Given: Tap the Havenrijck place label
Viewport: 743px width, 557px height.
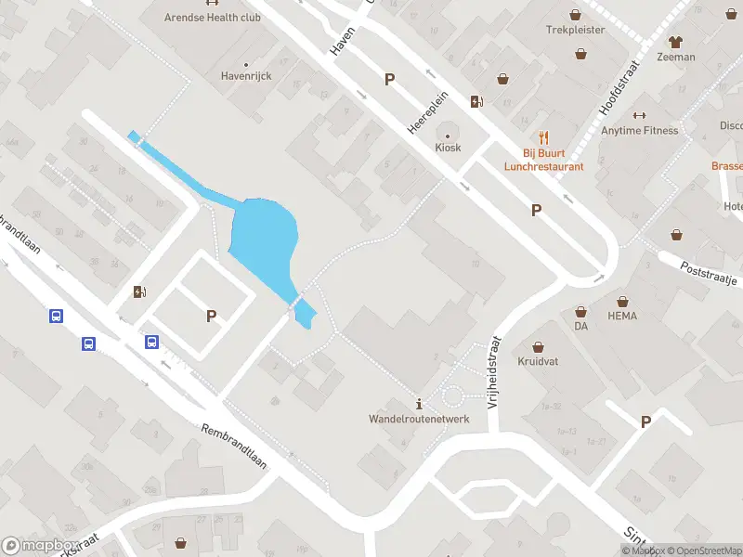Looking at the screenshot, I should click(246, 76).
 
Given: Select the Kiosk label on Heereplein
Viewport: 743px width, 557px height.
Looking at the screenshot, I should click(448, 147).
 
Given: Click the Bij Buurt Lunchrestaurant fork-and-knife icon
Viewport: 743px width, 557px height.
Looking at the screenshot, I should click(544, 137).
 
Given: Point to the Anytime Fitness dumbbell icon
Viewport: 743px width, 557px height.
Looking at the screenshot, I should click(638, 115).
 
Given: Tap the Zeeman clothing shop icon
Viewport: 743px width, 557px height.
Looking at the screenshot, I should click(675, 42).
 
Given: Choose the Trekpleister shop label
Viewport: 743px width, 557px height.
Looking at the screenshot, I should click(576, 30).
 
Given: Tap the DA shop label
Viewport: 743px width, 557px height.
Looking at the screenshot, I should click(581, 326).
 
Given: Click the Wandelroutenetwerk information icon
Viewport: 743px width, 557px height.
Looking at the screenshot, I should click(420, 404).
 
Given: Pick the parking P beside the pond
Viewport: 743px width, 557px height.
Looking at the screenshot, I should click(212, 317).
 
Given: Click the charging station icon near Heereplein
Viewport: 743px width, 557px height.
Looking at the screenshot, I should click(477, 102).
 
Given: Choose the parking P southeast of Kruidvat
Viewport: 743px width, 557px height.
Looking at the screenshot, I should click(645, 422).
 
